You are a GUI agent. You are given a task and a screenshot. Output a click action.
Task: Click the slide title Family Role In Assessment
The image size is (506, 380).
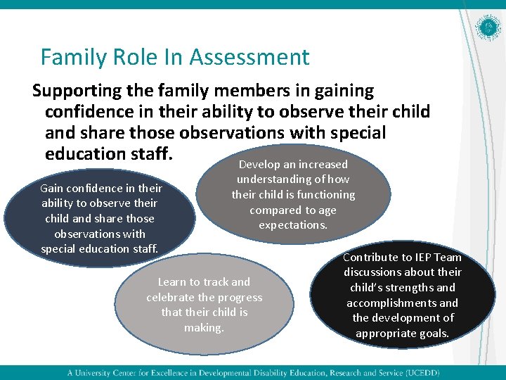tap(174, 56)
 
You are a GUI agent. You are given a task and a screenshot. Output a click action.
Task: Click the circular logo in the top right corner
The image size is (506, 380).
tap(488, 29)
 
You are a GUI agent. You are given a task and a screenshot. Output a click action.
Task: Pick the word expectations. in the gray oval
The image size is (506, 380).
tap(293, 225)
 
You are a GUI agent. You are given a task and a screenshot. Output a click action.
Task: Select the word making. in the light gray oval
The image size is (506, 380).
tap(204, 327)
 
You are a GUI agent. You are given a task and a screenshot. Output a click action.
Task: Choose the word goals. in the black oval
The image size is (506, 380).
tap(433, 333)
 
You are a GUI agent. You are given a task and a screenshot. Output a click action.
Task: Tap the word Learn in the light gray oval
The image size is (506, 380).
tap(172, 282)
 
